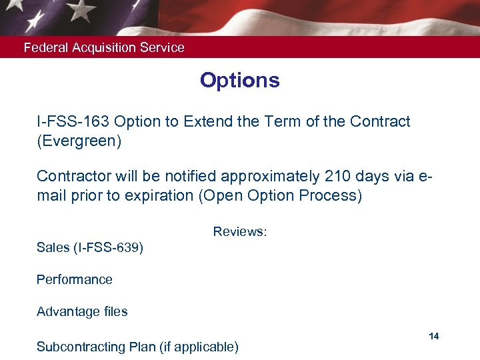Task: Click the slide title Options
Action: tap(239, 81)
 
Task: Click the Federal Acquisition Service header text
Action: tap(104, 48)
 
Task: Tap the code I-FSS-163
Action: tap(73, 122)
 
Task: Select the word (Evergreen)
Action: tap(79, 142)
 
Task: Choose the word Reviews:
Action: tap(240, 232)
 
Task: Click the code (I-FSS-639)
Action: tap(109, 248)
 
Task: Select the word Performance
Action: tap(75, 280)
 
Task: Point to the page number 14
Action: tap(434, 336)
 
